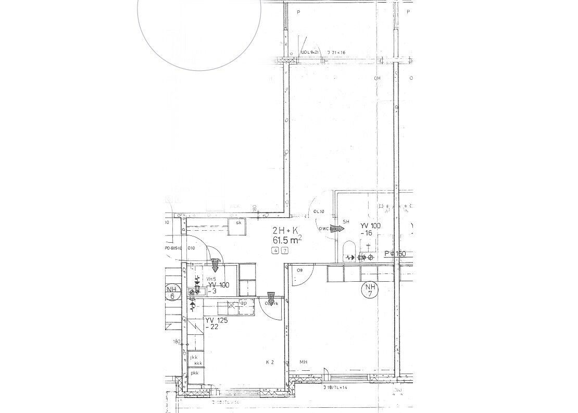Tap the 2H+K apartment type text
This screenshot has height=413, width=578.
tap(285, 230)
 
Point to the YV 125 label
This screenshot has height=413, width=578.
tap(217, 320)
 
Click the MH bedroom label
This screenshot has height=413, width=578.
tap(303, 362)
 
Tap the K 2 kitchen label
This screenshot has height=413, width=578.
tap(270, 362)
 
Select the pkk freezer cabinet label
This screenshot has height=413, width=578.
tap(195, 373)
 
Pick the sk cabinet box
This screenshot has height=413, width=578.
tap(239, 224)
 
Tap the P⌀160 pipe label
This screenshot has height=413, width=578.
tap(395, 254)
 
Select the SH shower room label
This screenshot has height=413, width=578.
tap(346, 221)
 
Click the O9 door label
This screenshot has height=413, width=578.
tap(300, 271)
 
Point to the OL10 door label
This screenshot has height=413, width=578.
tap(319, 211)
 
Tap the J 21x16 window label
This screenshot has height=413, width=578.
tap(337, 53)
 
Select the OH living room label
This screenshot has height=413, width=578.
tap(378, 79)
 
